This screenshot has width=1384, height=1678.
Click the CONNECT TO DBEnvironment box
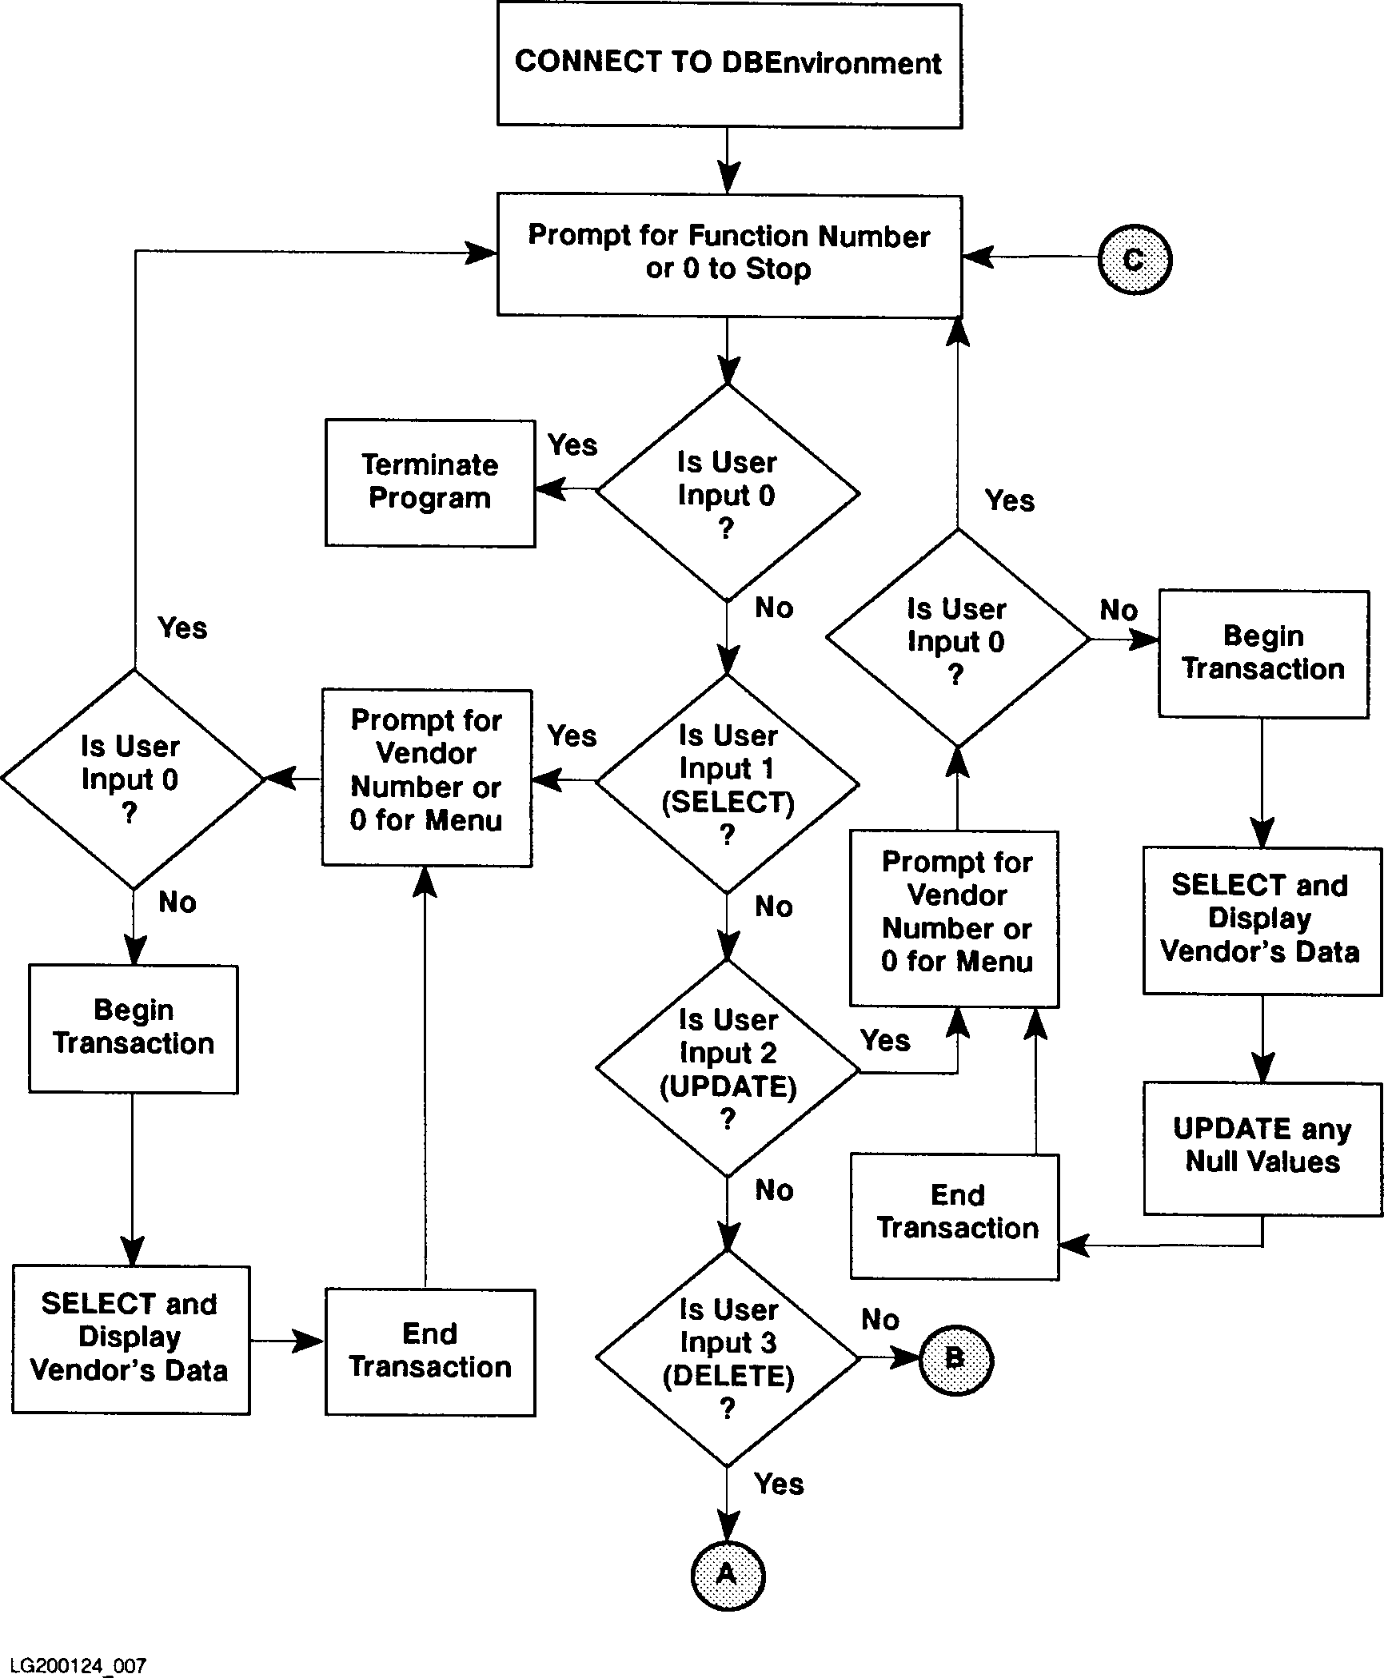coord(729,65)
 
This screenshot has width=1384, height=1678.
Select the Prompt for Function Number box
coord(729,254)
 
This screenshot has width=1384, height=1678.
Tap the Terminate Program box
coord(430,483)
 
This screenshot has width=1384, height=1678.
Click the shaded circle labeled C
coord(1135,259)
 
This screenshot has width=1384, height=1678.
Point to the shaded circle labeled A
coord(728,1575)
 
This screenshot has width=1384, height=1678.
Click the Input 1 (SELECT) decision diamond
coord(728,783)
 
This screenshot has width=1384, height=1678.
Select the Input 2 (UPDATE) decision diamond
coord(728,1068)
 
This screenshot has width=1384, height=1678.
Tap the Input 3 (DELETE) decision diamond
coord(728,1357)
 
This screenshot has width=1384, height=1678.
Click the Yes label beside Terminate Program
coord(572,445)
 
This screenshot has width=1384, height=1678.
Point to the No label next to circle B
coord(880,1320)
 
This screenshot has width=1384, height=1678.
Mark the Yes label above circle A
coord(779,1484)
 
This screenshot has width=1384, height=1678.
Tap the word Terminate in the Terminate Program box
coord(430,465)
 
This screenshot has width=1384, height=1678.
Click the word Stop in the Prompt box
coord(778,269)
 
